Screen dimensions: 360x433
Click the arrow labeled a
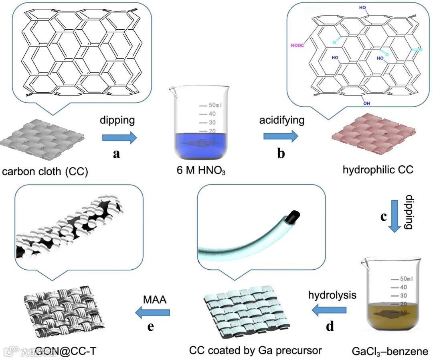coord(119,138)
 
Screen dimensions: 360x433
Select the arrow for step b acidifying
coord(280,136)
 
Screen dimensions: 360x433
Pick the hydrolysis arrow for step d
coord(330,309)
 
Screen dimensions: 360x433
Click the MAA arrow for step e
coord(153,311)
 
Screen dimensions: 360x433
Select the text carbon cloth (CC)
coord(45,172)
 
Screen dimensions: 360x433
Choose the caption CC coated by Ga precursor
coord(256,350)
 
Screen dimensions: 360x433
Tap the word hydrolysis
coord(332,295)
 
